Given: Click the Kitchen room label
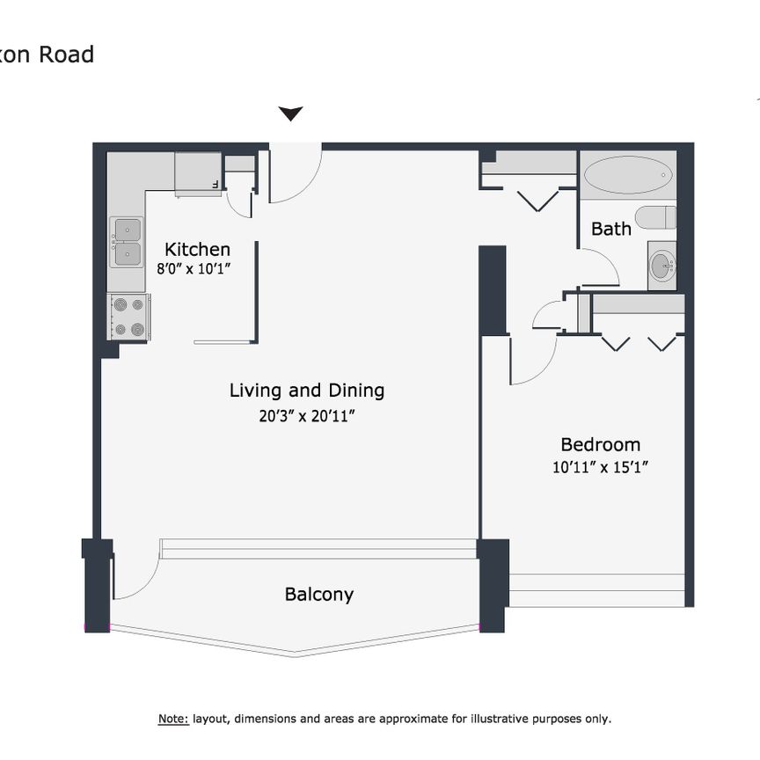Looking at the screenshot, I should click(197, 250).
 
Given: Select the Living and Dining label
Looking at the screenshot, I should click(307, 391).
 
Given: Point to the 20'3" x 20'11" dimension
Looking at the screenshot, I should click(307, 415).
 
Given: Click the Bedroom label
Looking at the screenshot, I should click(601, 445).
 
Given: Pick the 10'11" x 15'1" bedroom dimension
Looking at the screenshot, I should click(601, 469).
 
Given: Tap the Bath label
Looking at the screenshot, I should click(610, 229).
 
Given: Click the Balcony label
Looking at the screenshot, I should click(318, 595).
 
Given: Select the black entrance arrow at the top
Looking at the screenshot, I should click(290, 113).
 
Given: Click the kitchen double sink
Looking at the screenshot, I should click(127, 242).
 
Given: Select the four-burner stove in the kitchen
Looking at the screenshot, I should click(128, 318).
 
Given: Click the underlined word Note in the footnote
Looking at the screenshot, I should click(173, 719).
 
